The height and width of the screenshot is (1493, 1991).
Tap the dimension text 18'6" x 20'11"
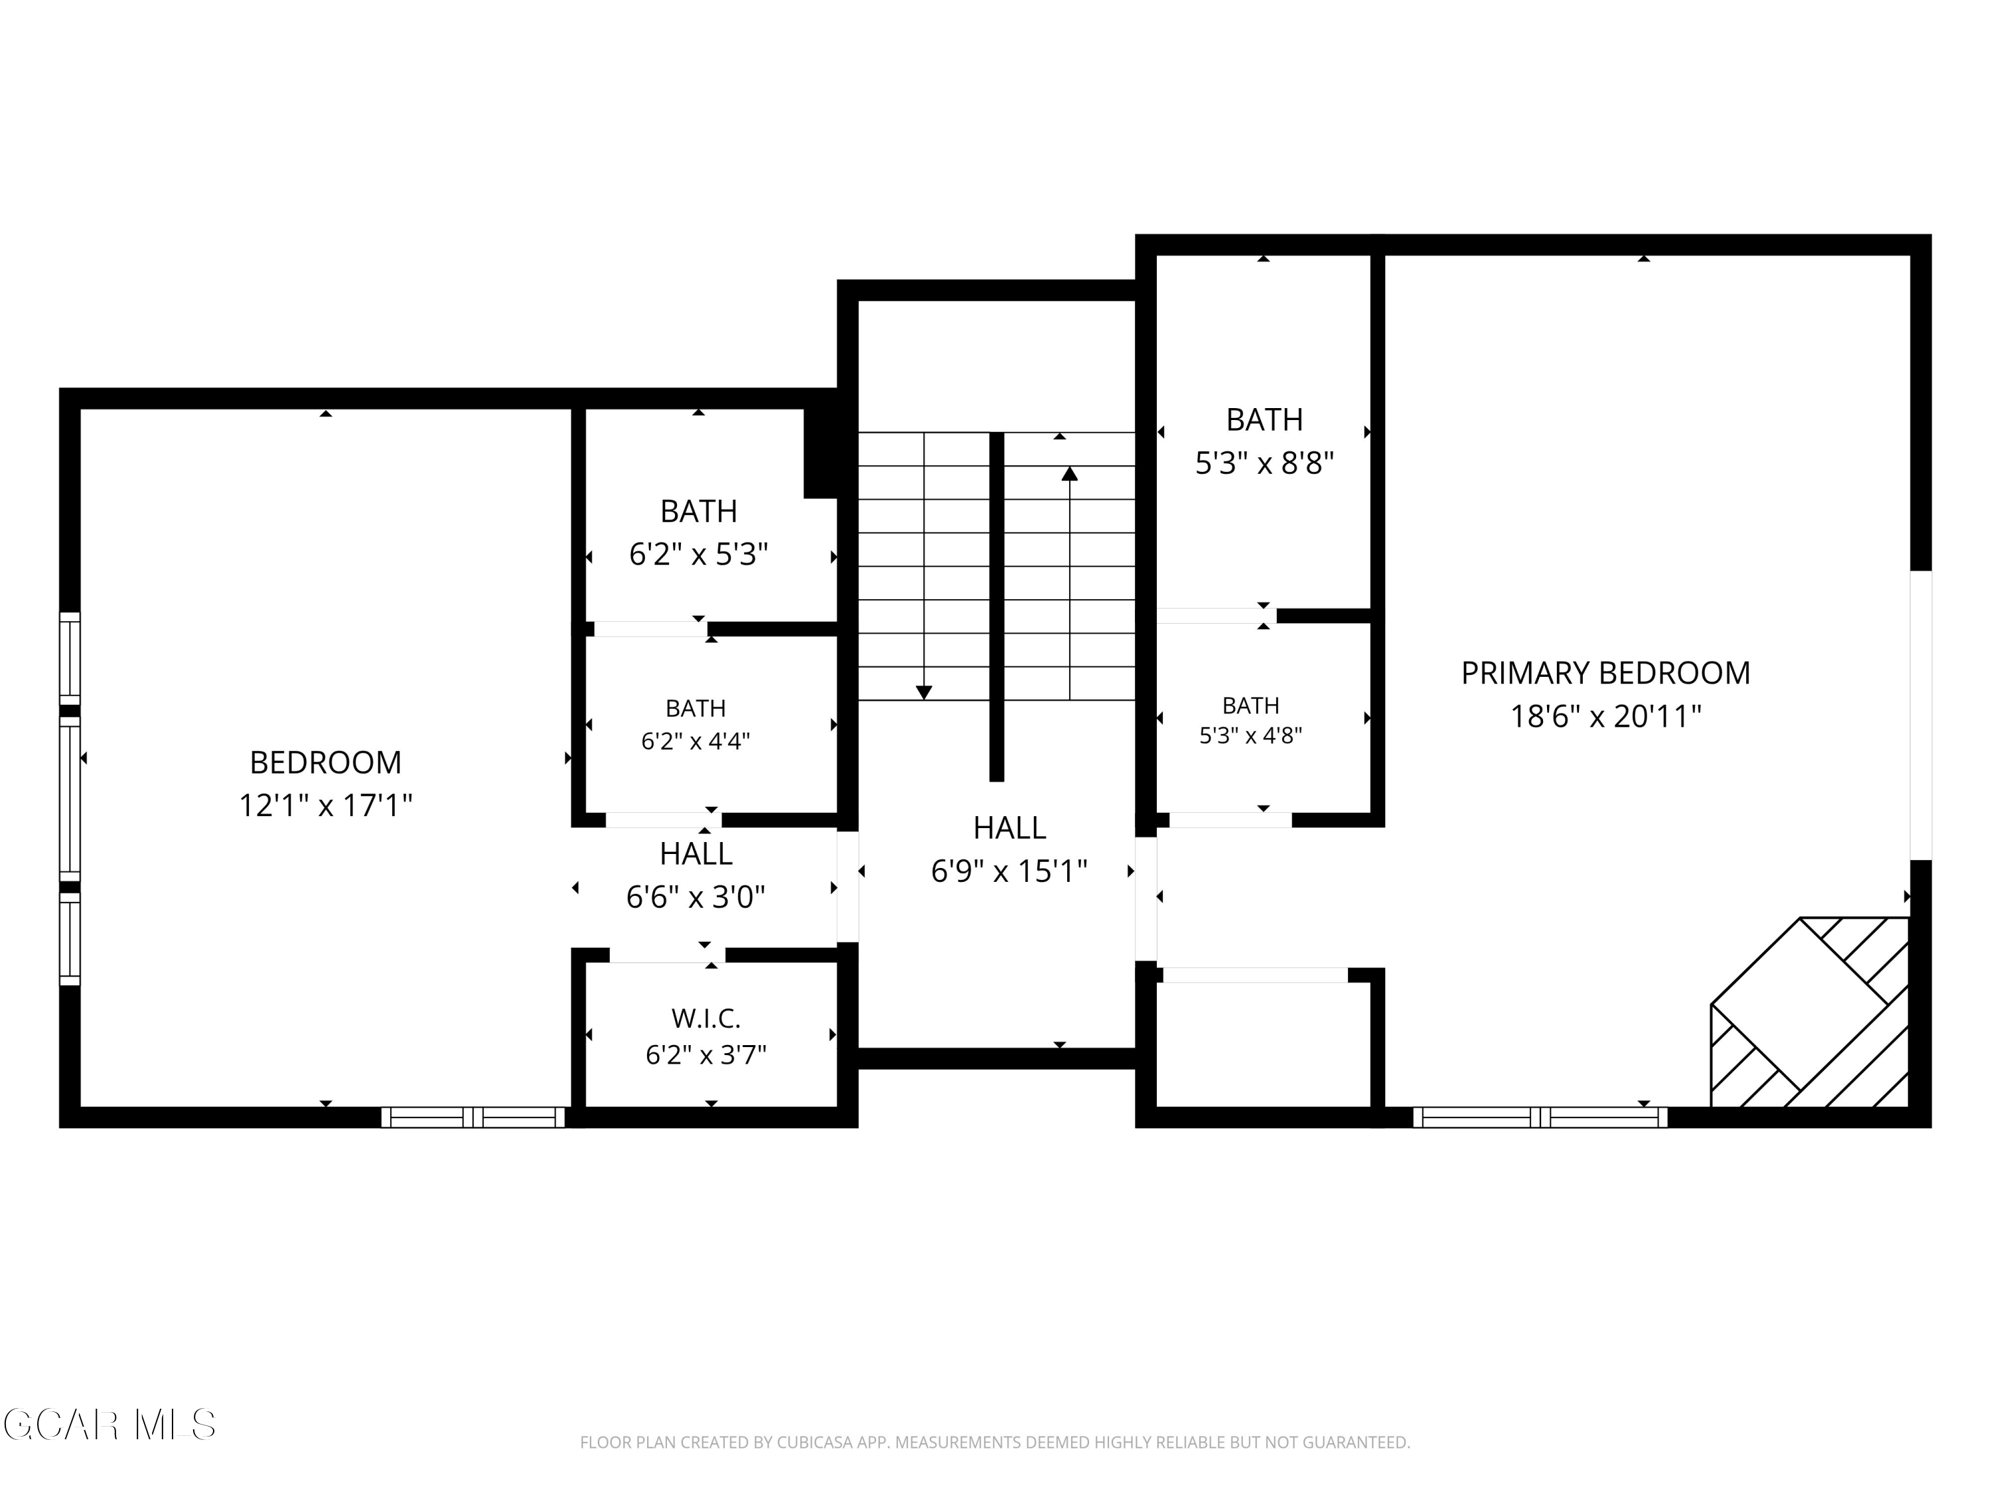point(1606,717)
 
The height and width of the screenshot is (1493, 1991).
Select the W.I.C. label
point(705,1019)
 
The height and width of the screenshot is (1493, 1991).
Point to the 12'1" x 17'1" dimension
point(325,804)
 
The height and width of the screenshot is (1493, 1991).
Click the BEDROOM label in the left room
point(325,762)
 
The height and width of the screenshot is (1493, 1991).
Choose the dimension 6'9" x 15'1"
point(1009,871)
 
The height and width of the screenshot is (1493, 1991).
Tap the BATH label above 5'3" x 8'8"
point(1265,419)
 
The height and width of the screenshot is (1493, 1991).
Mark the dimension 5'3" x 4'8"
point(1250,735)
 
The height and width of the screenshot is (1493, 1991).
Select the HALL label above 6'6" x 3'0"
point(696,853)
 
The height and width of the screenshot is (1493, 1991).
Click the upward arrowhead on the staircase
point(1069,473)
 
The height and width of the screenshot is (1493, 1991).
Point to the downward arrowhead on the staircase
point(924,692)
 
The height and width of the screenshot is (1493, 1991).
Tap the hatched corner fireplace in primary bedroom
point(1809,1013)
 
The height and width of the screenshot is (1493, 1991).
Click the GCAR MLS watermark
point(109,1425)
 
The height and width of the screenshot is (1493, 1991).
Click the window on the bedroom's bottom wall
point(473,1117)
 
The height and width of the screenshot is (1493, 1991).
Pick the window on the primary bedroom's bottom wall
point(1540,1117)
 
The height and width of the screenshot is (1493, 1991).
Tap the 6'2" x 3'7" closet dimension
point(705,1055)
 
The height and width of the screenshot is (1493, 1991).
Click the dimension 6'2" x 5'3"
point(698,554)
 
